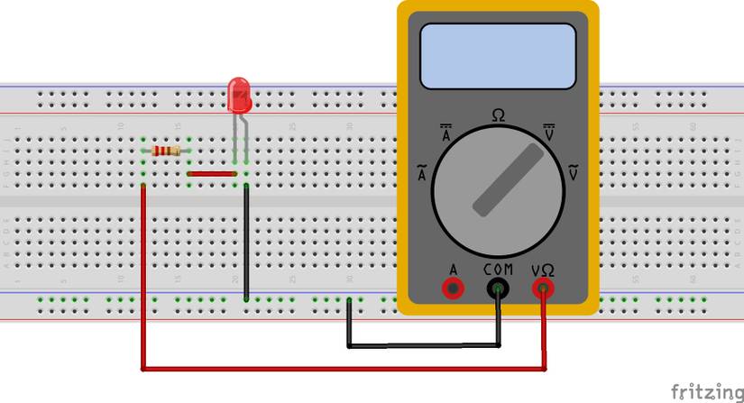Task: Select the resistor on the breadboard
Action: point(166,151)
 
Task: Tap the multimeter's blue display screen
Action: point(498,56)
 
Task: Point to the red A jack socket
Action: point(452,289)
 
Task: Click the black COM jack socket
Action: point(498,289)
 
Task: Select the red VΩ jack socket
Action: point(543,289)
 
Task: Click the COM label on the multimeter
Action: point(498,269)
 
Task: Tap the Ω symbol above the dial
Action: point(498,115)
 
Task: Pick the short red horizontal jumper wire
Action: point(211,173)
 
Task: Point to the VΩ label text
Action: point(543,269)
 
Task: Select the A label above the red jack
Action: point(452,269)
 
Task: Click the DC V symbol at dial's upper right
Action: point(549,133)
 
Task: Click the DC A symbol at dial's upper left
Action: point(445,134)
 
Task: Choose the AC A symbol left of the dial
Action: point(421,173)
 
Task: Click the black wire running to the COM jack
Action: point(424,344)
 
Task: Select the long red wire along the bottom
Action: point(343,368)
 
